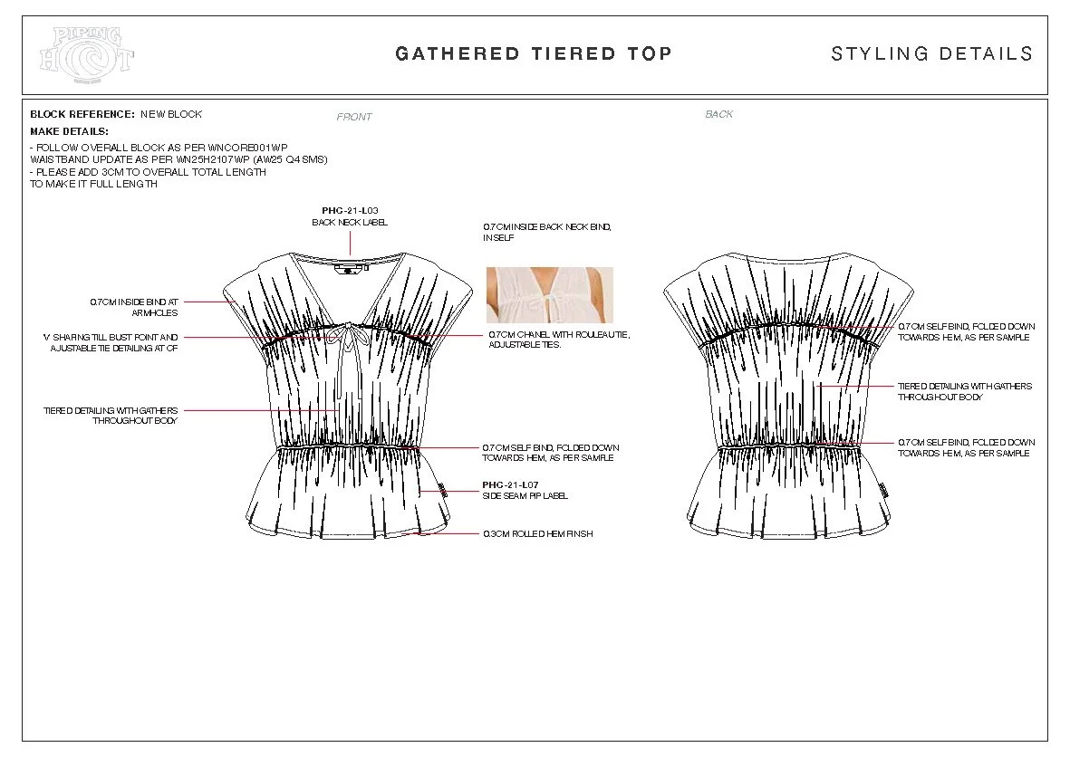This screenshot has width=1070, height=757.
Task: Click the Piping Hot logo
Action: tap(87, 54)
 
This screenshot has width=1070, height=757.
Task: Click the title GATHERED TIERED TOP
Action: tap(534, 53)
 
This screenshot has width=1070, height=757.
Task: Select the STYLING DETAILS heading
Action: tap(931, 53)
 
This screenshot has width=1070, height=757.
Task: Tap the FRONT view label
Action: tap(354, 117)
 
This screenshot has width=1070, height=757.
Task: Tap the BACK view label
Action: tap(718, 114)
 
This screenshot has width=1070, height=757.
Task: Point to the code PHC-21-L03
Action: tap(350, 210)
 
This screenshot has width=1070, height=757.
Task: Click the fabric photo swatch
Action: tap(549, 295)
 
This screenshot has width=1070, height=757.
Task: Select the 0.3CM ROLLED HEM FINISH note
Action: tap(538, 534)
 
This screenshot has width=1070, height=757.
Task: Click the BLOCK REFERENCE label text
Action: tap(82, 114)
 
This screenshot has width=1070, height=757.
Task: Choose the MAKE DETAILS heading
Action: tap(69, 131)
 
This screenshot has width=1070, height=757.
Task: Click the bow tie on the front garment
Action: tap(345, 337)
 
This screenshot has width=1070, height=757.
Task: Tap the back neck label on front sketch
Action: tap(348, 269)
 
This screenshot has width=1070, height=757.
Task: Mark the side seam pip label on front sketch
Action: tap(442, 491)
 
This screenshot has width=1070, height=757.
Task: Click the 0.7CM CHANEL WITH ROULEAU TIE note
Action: tap(559, 340)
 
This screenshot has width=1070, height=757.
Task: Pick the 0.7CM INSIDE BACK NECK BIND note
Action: tap(546, 232)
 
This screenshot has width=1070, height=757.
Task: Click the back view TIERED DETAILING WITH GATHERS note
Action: tap(964, 391)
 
